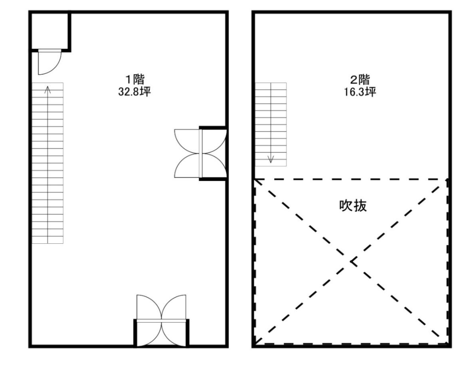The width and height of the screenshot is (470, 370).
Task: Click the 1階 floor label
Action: point(135,79)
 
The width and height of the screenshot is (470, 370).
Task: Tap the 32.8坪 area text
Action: point(134,91)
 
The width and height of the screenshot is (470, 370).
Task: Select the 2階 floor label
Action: point(360,79)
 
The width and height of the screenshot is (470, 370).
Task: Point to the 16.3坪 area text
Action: point(360,91)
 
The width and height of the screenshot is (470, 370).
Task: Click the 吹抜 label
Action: point(353,206)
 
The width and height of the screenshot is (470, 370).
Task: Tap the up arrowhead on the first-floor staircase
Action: point(47,89)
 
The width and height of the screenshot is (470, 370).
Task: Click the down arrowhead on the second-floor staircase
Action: point(271,159)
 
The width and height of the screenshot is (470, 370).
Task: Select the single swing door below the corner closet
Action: point(50,62)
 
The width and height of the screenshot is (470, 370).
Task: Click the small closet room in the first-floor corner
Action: point(49,31)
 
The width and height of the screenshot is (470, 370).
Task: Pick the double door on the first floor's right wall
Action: point(200,153)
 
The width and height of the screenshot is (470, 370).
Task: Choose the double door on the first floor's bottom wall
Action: point(161,321)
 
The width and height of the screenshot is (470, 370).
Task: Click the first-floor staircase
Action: point(47,163)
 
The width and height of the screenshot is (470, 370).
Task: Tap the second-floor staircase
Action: point(271,124)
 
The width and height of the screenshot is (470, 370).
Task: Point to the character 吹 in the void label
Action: point(346,206)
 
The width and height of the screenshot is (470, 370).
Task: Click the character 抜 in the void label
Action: point(360,206)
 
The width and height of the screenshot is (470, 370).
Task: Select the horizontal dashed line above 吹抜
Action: point(351,179)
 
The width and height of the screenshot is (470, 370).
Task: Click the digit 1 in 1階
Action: point(129,80)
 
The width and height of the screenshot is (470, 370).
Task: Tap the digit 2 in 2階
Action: point(354,80)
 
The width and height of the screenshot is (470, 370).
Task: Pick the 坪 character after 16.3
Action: point(371,91)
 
